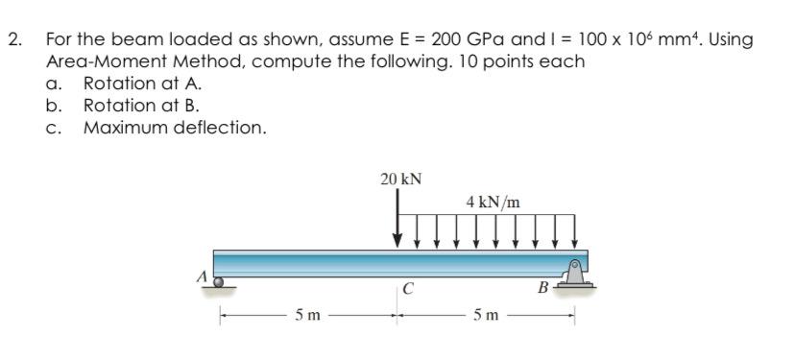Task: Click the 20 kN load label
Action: (x=401, y=179)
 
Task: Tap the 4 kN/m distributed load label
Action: (x=494, y=203)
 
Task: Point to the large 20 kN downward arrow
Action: (x=398, y=218)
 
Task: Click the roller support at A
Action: (x=219, y=282)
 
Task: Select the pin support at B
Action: (x=574, y=274)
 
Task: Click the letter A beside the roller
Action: (x=203, y=276)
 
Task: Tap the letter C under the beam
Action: (x=407, y=289)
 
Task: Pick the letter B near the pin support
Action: (x=543, y=289)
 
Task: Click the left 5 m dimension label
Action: (x=308, y=316)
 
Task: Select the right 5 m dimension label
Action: (x=486, y=316)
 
